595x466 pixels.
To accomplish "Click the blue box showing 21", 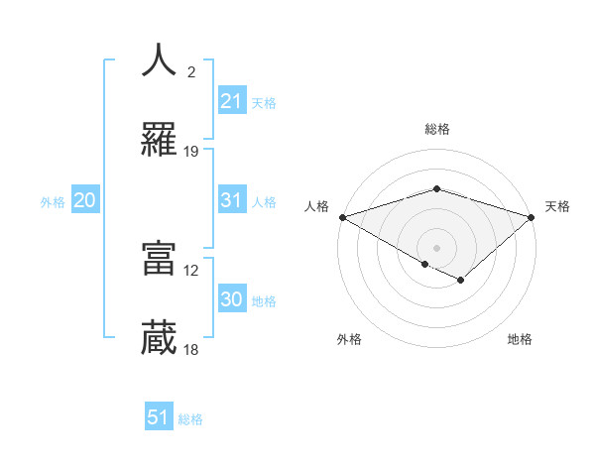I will click(231, 101).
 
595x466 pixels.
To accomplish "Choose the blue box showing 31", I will click(231, 200).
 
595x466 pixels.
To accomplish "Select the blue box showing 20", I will click(84, 200).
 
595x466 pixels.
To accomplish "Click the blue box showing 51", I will click(159, 417).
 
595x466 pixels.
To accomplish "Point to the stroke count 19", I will click(191, 152).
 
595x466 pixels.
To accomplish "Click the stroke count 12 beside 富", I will click(191, 270).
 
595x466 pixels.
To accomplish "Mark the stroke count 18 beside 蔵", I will click(191, 350).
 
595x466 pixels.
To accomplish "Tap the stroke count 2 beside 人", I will click(191, 71).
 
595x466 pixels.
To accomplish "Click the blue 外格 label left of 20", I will click(53, 201).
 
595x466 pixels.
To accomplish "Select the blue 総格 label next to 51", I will click(190, 419).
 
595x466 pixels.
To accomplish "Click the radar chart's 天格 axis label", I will click(557, 206).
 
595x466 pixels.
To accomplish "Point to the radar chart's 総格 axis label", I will click(436, 129).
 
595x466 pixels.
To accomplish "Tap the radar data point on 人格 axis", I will click(342, 217).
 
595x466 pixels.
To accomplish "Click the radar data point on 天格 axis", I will click(532, 217).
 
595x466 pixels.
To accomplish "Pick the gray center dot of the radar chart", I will click(436, 247).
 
